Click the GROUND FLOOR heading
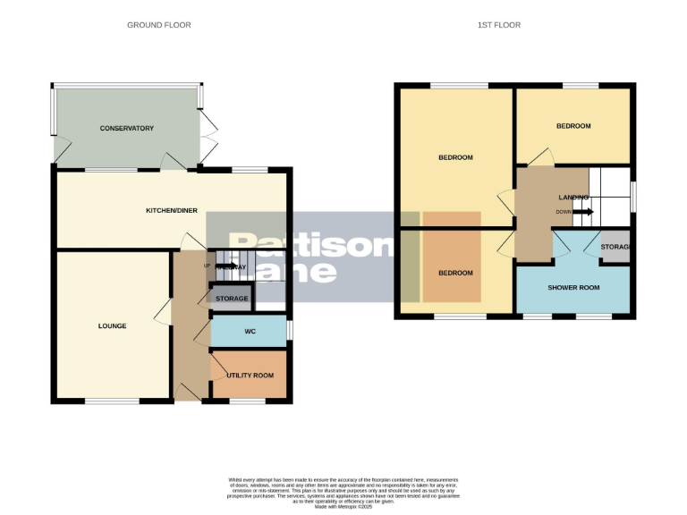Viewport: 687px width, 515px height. click(158, 25)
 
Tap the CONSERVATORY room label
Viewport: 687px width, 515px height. click(127, 129)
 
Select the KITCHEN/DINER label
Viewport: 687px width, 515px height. click(172, 211)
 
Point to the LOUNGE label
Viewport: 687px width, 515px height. click(112, 326)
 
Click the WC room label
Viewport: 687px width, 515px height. click(250, 332)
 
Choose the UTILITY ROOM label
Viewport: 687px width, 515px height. click(250, 376)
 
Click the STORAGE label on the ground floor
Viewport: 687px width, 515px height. click(232, 298)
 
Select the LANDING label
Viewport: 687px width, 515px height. click(573, 198)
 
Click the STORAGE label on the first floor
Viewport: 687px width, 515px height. click(615, 247)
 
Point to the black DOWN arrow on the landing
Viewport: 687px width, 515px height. click(583, 212)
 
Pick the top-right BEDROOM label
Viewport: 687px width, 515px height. click(573, 126)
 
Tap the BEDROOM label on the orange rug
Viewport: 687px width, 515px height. click(454, 273)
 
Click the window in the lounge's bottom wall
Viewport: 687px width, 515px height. click(112, 401)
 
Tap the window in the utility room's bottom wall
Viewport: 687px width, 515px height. click(247, 401)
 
